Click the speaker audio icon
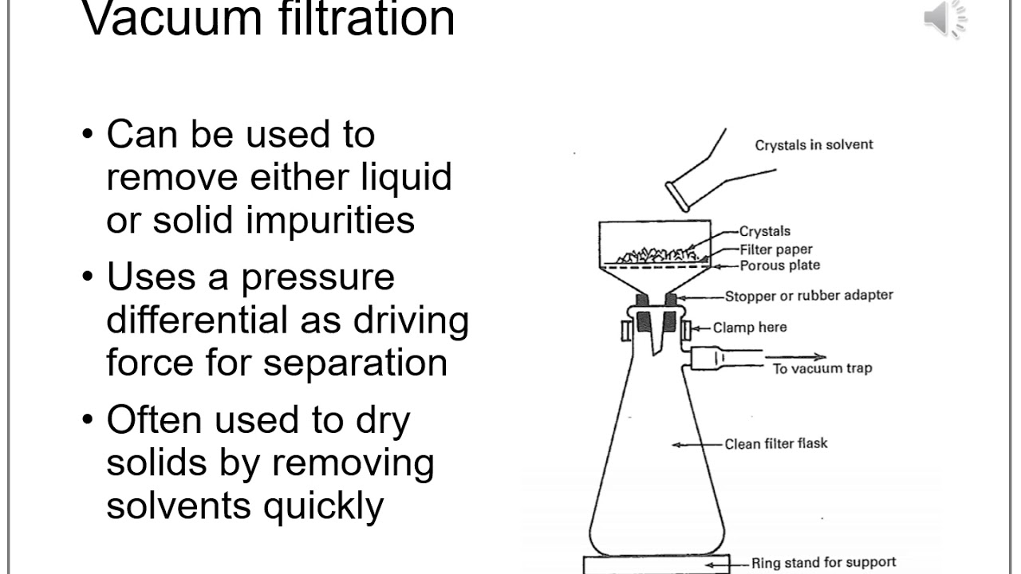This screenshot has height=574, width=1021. tap(945, 18)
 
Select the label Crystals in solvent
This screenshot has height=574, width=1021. tap(814, 144)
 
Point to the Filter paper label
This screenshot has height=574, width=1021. tap(776, 249)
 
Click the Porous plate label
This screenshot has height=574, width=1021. tap(779, 265)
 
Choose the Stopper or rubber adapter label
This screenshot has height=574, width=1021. tap(809, 296)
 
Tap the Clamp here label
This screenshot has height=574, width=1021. tap(749, 327)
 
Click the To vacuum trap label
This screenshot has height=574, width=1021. tap(822, 368)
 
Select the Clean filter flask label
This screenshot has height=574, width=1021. tap(775, 443)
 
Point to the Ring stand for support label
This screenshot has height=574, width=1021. tap(823, 563)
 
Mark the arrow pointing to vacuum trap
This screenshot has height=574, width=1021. tap(798, 357)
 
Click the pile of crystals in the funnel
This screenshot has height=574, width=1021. tap(660, 255)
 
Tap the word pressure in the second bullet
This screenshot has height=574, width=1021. tap(317, 277)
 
